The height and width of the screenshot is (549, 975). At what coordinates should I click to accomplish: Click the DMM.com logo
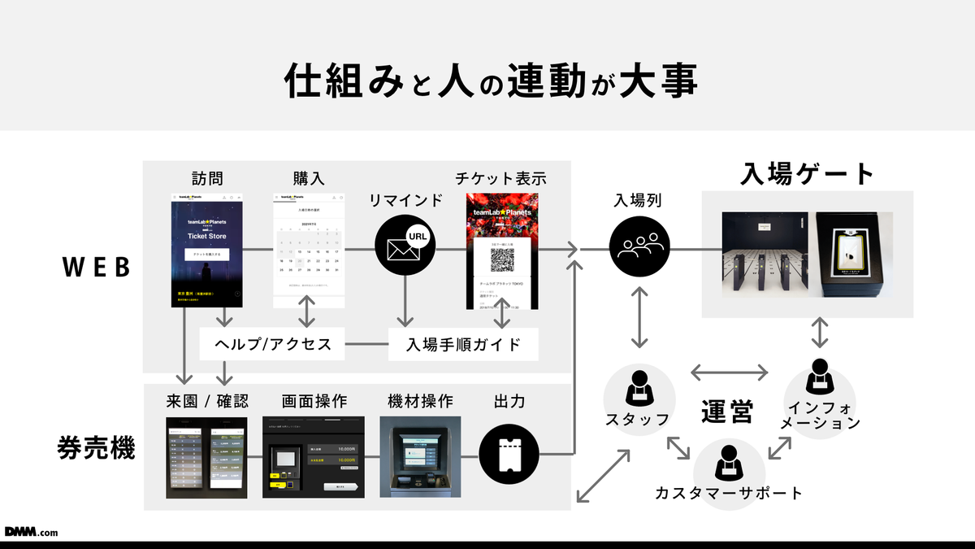click(31, 531)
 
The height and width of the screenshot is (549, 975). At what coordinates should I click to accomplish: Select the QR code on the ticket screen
click(501, 259)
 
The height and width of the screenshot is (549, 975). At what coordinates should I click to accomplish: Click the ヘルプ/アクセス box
click(272, 344)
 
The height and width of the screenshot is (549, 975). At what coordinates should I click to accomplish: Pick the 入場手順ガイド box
click(464, 344)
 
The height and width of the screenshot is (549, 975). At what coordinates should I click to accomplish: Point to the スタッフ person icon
click(639, 388)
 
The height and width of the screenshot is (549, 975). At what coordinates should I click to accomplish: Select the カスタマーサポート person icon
click(728, 461)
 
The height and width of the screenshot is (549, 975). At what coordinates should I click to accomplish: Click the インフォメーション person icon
click(819, 377)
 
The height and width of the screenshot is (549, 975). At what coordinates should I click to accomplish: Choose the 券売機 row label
click(96, 448)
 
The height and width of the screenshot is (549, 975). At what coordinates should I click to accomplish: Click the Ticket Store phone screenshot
click(207, 251)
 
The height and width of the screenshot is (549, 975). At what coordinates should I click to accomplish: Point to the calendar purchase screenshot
click(308, 251)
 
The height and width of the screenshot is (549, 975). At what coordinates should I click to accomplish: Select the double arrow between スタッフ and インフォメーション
click(729, 373)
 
